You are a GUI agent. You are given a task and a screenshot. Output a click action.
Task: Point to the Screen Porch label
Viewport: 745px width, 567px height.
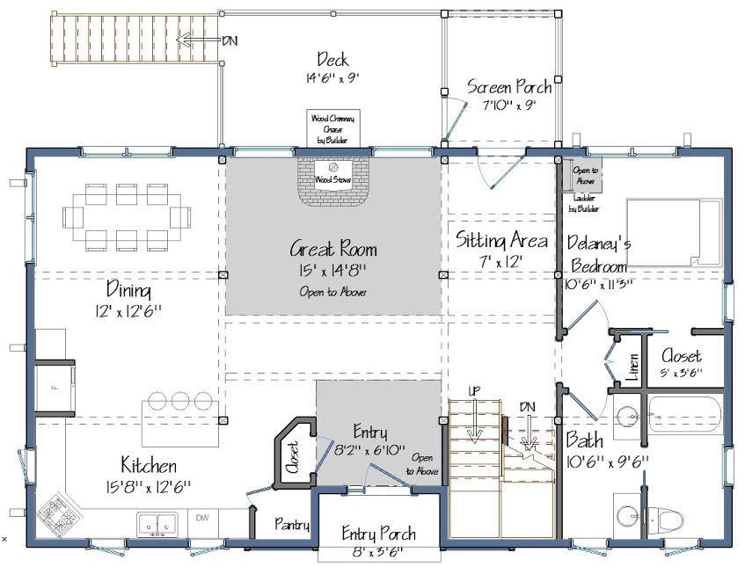pos(509,87)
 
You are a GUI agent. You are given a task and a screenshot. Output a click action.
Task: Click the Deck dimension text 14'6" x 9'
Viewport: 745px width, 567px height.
pos(332,78)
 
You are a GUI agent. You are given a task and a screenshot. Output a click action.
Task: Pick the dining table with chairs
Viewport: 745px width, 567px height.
pos(127,215)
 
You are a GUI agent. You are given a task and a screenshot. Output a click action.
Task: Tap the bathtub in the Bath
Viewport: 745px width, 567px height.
pos(684,418)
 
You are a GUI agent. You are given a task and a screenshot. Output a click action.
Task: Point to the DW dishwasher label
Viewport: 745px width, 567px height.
pos(201,518)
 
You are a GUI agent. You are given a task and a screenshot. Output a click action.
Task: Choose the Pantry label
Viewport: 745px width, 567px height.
pos(291,525)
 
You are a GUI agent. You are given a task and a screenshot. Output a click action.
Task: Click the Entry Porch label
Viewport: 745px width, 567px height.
pos(378,534)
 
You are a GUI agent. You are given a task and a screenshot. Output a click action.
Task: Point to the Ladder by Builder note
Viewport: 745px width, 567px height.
pos(584,204)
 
